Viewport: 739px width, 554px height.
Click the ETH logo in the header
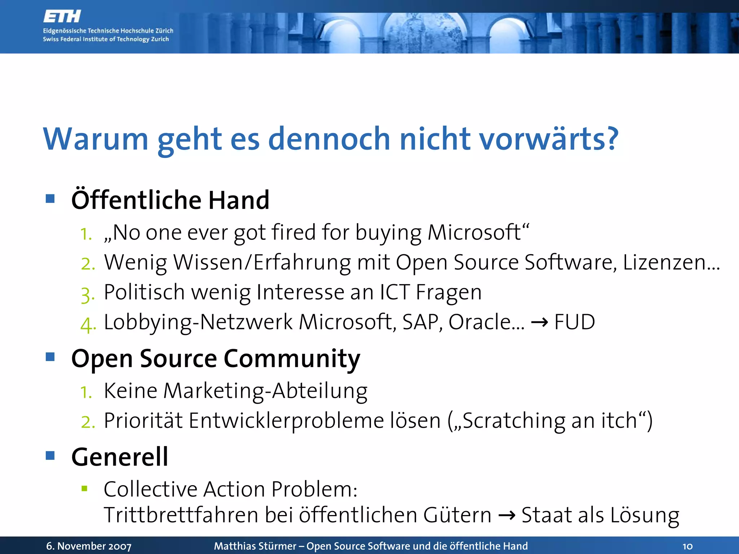[x=62, y=17]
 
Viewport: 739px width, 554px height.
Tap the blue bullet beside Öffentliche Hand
[x=50, y=198]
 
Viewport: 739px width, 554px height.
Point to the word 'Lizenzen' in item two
[x=664, y=262]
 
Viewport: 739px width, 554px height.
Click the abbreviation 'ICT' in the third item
[x=395, y=292]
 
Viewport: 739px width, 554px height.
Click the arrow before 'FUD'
[x=539, y=322]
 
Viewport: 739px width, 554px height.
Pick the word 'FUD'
[x=574, y=322]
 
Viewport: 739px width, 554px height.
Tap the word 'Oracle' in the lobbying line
[x=480, y=322]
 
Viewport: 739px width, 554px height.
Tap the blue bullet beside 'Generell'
[x=50, y=456]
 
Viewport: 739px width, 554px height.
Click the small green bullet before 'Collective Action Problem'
[x=84, y=489]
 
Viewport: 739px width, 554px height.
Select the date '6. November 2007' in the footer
[x=89, y=546]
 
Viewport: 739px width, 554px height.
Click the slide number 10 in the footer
[x=687, y=546]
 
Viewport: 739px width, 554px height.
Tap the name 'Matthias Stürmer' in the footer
[x=255, y=546]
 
